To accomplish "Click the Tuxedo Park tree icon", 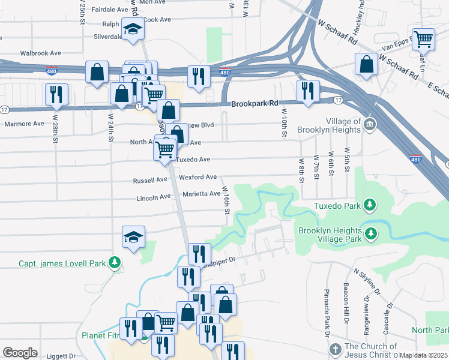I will coord(370,206).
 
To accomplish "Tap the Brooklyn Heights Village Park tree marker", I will coord(372,232).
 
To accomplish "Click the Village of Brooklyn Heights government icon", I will coord(370,125).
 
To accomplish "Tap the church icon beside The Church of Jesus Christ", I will coord(335,347).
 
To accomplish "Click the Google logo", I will coord(20,353).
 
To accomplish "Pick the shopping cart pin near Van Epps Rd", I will coord(423,40).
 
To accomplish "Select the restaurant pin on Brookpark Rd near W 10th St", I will coord(308,91).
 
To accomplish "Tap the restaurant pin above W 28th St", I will coord(56,94).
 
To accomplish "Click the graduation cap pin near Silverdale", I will coord(132,28).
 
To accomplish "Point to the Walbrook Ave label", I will coord(41,53).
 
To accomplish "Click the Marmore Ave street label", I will coord(25,124).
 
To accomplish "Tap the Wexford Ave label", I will coord(197,177).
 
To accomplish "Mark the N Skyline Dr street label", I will coord(367,282).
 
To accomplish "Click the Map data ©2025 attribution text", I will coord(423,355).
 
